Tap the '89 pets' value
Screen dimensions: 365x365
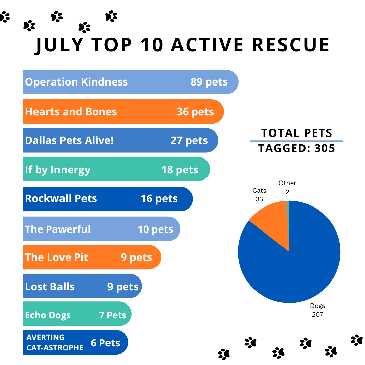(x=209, y=82)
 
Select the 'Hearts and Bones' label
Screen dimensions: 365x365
(x=71, y=112)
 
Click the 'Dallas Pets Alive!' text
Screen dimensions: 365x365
(x=69, y=140)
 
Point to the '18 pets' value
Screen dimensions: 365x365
(x=180, y=169)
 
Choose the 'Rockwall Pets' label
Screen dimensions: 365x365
(x=61, y=198)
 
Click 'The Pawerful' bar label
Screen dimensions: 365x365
(x=58, y=229)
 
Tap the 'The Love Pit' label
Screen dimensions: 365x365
(x=56, y=257)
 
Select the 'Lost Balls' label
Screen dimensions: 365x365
(x=50, y=287)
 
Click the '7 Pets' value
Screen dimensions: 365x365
(x=113, y=315)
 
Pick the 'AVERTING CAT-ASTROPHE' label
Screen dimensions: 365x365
(x=55, y=342)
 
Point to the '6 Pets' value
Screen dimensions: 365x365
(x=105, y=343)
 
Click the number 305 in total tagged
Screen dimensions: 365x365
(x=324, y=148)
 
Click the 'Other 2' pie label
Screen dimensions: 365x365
(x=287, y=187)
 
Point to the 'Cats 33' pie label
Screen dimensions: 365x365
(x=259, y=195)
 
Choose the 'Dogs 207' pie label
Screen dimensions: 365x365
(x=317, y=310)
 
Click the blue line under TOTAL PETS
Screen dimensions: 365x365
(x=296, y=141)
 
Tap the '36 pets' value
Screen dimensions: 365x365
(x=195, y=112)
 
